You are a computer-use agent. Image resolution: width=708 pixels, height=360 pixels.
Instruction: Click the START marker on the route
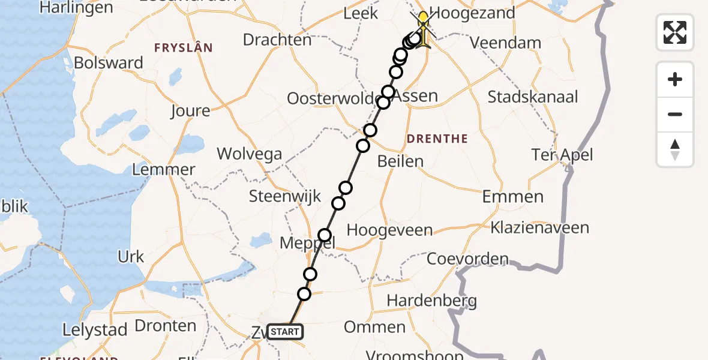(285, 331)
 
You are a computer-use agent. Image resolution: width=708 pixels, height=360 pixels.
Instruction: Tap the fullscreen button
(675, 32)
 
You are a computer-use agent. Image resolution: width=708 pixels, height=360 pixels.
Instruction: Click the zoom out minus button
(675, 114)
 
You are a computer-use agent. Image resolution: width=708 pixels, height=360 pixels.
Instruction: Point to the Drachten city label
(277, 40)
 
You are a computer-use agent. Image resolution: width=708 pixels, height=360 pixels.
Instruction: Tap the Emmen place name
(512, 197)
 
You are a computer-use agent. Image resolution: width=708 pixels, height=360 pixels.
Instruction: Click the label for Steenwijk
(285, 196)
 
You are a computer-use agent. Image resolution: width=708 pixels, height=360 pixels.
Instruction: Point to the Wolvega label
(250, 154)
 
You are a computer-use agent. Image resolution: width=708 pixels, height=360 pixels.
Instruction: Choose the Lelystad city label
(95, 329)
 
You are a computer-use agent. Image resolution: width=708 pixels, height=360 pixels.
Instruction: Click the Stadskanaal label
(533, 97)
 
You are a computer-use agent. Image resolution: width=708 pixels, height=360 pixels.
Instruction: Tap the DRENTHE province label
(437, 139)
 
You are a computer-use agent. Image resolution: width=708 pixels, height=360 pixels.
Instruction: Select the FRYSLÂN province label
(183, 47)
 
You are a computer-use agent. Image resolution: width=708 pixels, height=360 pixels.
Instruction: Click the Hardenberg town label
(432, 301)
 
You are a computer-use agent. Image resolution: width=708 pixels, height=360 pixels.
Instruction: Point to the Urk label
(131, 257)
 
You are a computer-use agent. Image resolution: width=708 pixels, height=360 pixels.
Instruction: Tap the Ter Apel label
(562, 155)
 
